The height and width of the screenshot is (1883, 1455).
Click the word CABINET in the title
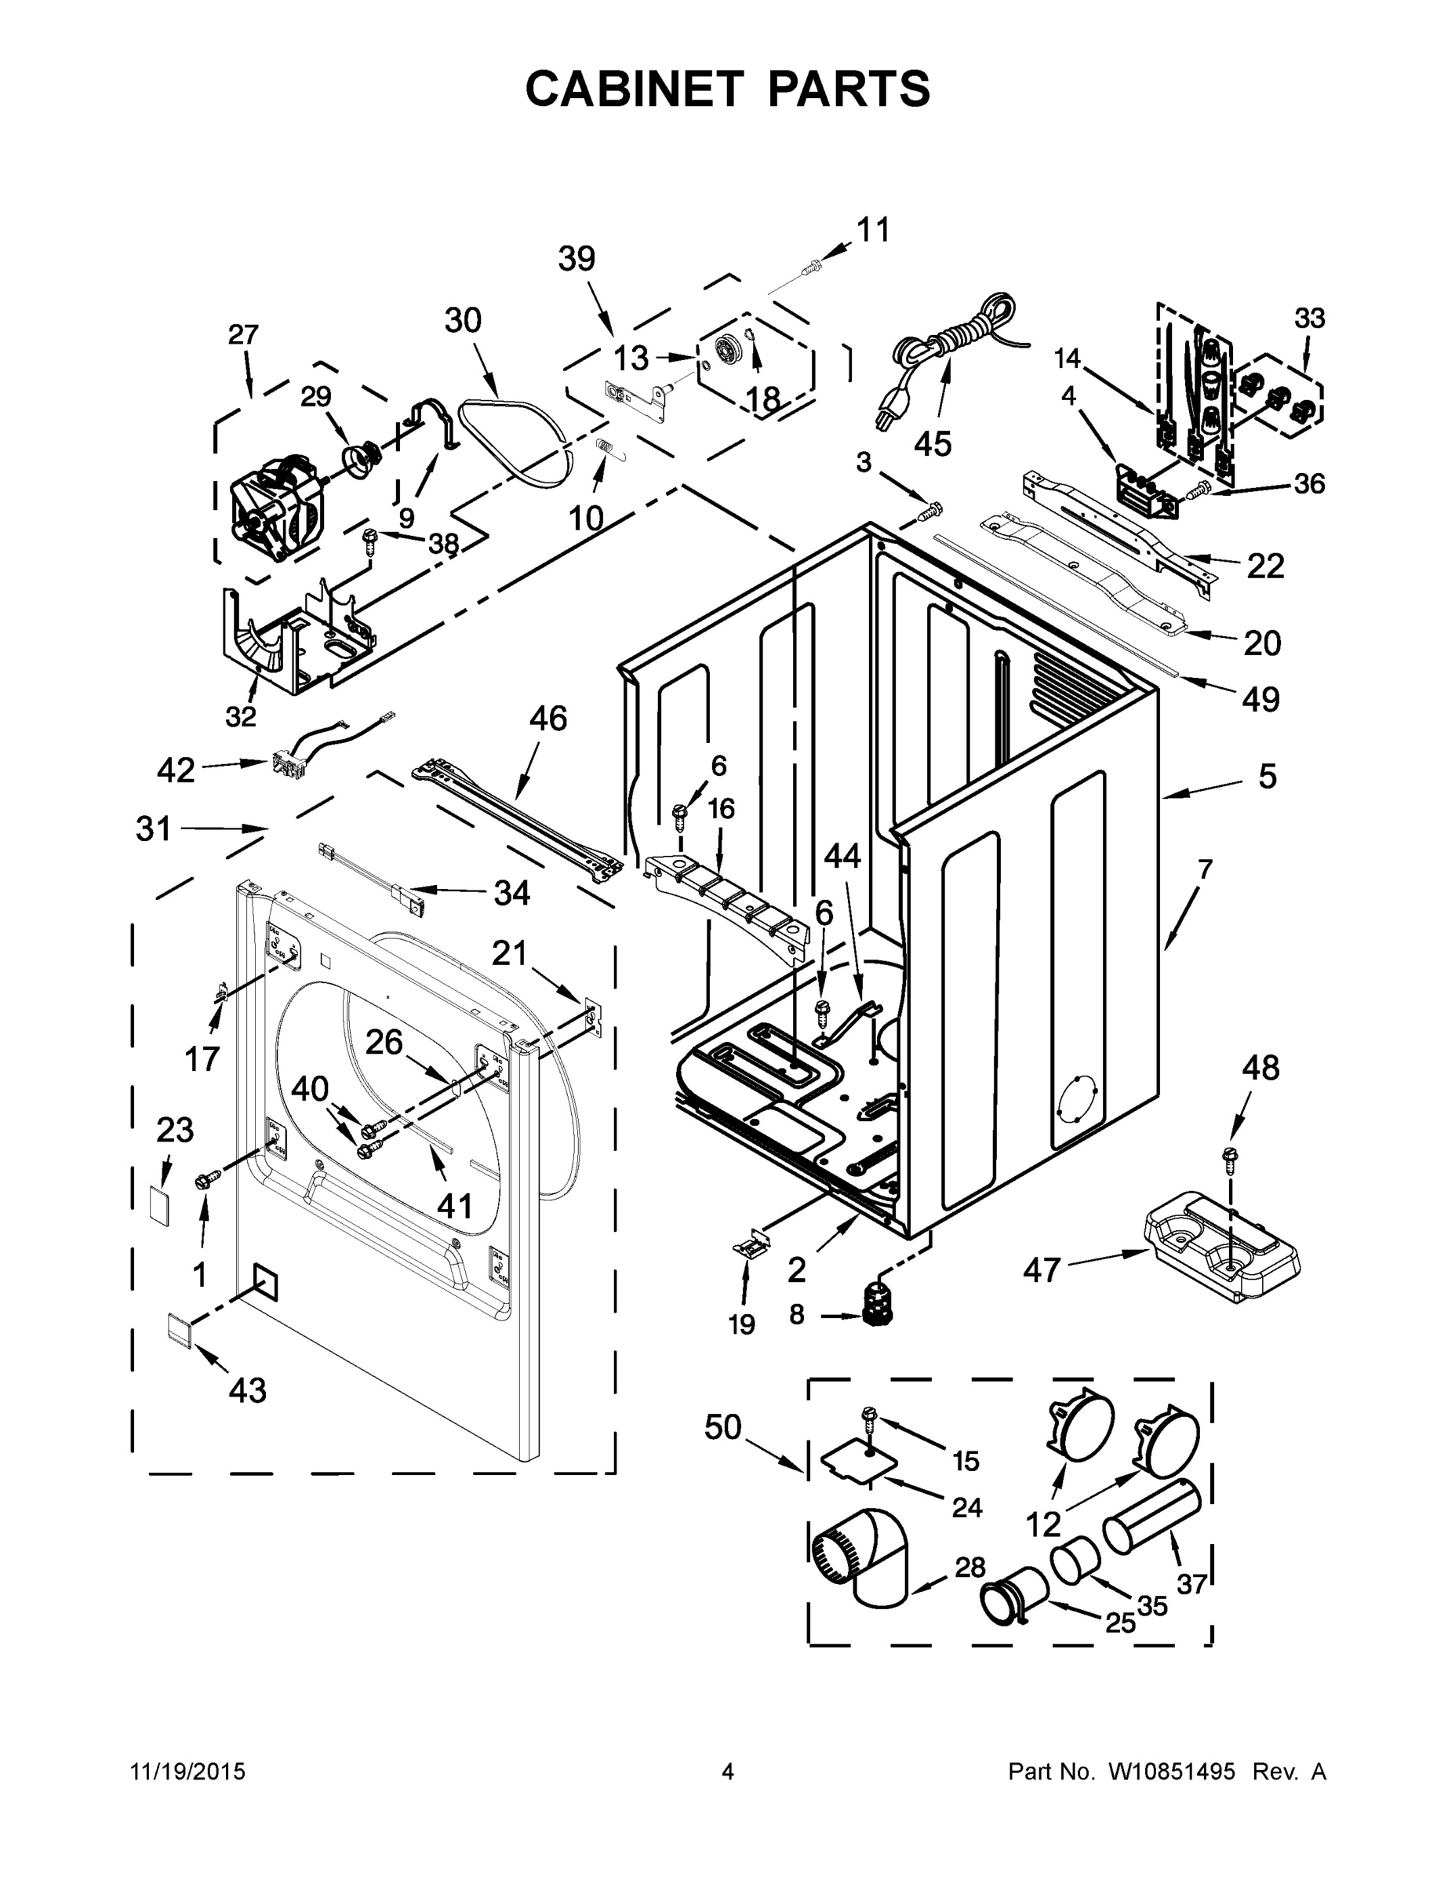pyautogui.click(x=634, y=89)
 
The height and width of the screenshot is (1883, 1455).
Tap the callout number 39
pyautogui.click(x=577, y=258)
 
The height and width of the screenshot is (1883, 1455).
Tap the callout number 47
pyautogui.click(x=1042, y=1269)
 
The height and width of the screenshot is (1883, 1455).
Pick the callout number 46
pyautogui.click(x=548, y=718)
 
